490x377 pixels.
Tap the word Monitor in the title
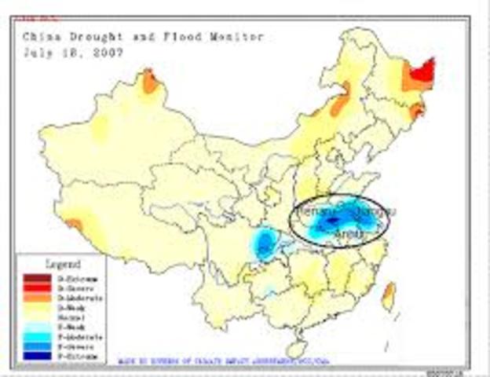tap(236, 37)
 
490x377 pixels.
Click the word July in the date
tap(37, 53)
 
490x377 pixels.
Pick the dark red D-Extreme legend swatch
tap(32, 276)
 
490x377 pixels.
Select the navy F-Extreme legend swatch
tap(32, 357)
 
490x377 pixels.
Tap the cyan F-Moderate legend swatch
tap(32, 336)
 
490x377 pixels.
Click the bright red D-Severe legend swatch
tap(32, 286)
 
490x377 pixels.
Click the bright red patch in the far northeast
tap(424, 72)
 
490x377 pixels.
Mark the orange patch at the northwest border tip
tap(148, 79)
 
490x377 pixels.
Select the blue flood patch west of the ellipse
tap(266, 243)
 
